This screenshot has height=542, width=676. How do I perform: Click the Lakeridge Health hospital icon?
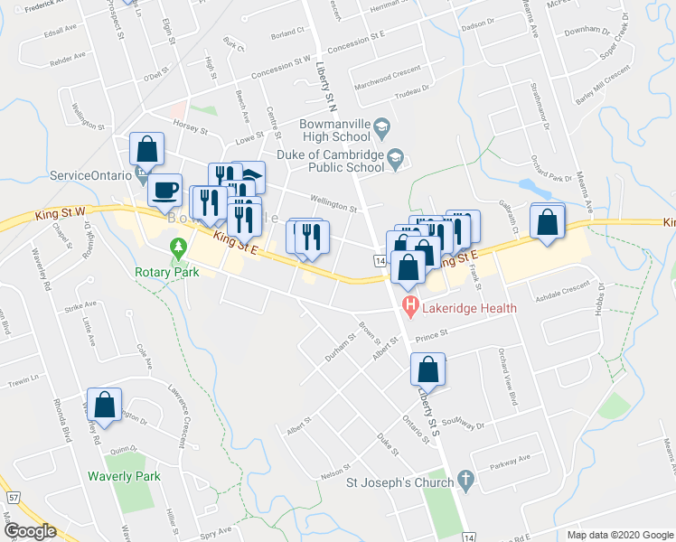point(410,308)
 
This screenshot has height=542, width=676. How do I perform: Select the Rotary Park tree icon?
point(178,246)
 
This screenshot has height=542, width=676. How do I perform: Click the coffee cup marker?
point(164,190)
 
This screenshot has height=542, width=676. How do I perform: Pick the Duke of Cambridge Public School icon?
point(395,160)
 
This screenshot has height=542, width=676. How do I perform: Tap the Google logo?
point(30,531)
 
